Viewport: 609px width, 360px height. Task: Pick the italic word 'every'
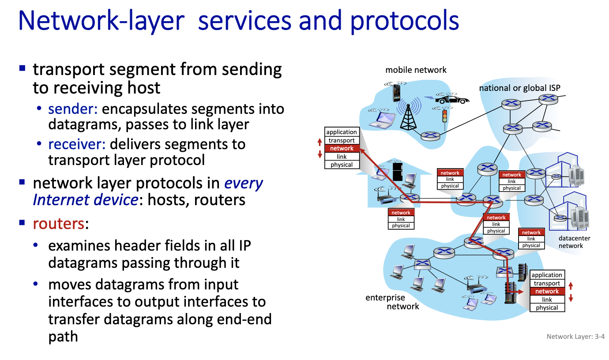point(244,183)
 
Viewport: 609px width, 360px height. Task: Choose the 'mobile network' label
point(416,70)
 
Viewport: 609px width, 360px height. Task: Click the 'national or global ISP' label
point(519,88)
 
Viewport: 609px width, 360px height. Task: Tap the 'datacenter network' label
point(574,242)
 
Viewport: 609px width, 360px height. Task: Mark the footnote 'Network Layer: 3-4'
point(575,337)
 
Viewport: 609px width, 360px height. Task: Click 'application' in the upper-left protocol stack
point(342,132)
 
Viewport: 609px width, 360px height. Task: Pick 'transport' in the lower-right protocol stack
point(547,283)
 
